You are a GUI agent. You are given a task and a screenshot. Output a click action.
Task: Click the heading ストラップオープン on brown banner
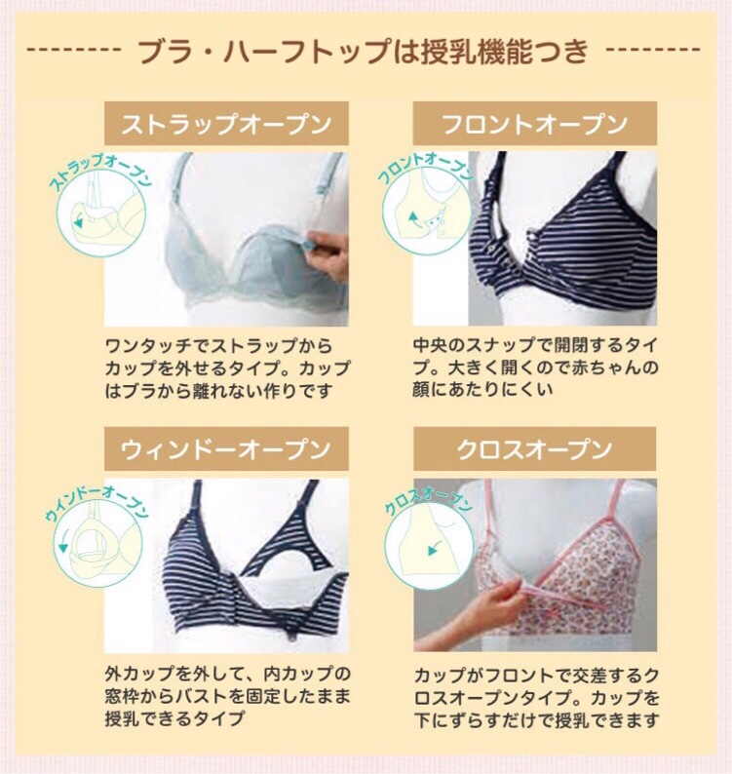(225, 125)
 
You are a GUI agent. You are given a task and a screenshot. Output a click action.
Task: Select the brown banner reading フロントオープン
(534, 125)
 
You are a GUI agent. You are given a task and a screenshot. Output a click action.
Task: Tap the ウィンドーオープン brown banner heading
(225, 450)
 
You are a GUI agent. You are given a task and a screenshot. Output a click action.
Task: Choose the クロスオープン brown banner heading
(534, 450)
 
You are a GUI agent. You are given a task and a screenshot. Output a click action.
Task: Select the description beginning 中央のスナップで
(534, 368)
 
